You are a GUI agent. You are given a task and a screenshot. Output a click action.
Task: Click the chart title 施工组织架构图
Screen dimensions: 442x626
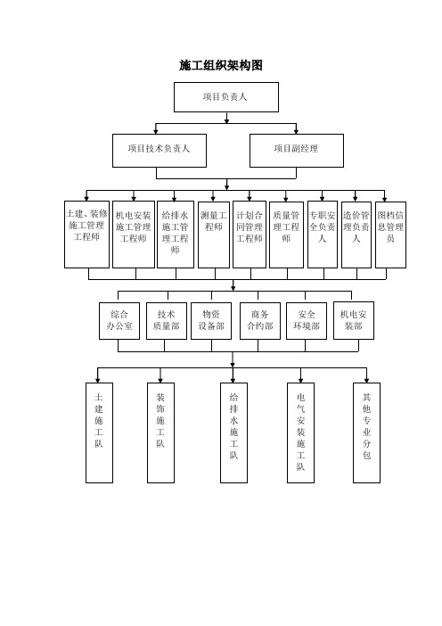[x=221, y=65]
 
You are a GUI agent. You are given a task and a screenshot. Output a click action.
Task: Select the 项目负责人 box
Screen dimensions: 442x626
[x=226, y=97]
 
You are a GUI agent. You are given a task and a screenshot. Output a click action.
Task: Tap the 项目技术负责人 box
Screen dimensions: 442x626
[x=160, y=151]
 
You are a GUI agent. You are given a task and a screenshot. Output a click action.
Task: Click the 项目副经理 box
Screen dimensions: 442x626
[x=297, y=151]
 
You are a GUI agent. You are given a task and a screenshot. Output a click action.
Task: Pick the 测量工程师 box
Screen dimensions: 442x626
[x=214, y=235]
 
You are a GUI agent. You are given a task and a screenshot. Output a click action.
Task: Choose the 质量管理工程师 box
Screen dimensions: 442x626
[x=286, y=235]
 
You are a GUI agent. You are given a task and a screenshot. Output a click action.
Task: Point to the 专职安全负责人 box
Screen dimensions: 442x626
[x=323, y=235]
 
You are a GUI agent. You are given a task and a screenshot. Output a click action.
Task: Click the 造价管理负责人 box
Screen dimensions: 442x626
[x=356, y=235]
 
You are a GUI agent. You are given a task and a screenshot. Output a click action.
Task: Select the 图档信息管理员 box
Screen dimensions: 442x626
[x=390, y=235]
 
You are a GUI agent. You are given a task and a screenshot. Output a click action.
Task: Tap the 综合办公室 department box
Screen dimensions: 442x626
[x=119, y=321]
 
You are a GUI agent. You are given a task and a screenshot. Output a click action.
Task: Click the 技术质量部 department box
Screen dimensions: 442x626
[x=167, y=321]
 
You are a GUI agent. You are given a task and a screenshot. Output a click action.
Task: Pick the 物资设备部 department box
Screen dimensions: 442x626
[x=211, y=321]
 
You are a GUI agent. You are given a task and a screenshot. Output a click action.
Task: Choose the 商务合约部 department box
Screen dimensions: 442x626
[x=259, y=321]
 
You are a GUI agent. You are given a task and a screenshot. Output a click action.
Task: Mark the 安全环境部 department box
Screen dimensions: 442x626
[x=307, y=321]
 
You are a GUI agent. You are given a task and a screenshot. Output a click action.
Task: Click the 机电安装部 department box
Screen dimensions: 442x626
[x=354, y=321]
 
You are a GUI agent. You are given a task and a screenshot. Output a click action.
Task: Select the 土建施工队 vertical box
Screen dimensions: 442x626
[x=99, y=432]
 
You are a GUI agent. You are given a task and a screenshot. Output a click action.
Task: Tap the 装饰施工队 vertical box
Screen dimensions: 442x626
[x=160, y=432]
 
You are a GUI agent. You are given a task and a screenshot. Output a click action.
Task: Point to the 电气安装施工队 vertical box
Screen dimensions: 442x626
[x=301, y=432]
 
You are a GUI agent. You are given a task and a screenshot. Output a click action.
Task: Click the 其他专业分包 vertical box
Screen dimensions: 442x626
[x=366, y=432]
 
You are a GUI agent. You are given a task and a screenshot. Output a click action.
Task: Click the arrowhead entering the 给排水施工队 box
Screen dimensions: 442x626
[x=233, y=381]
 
